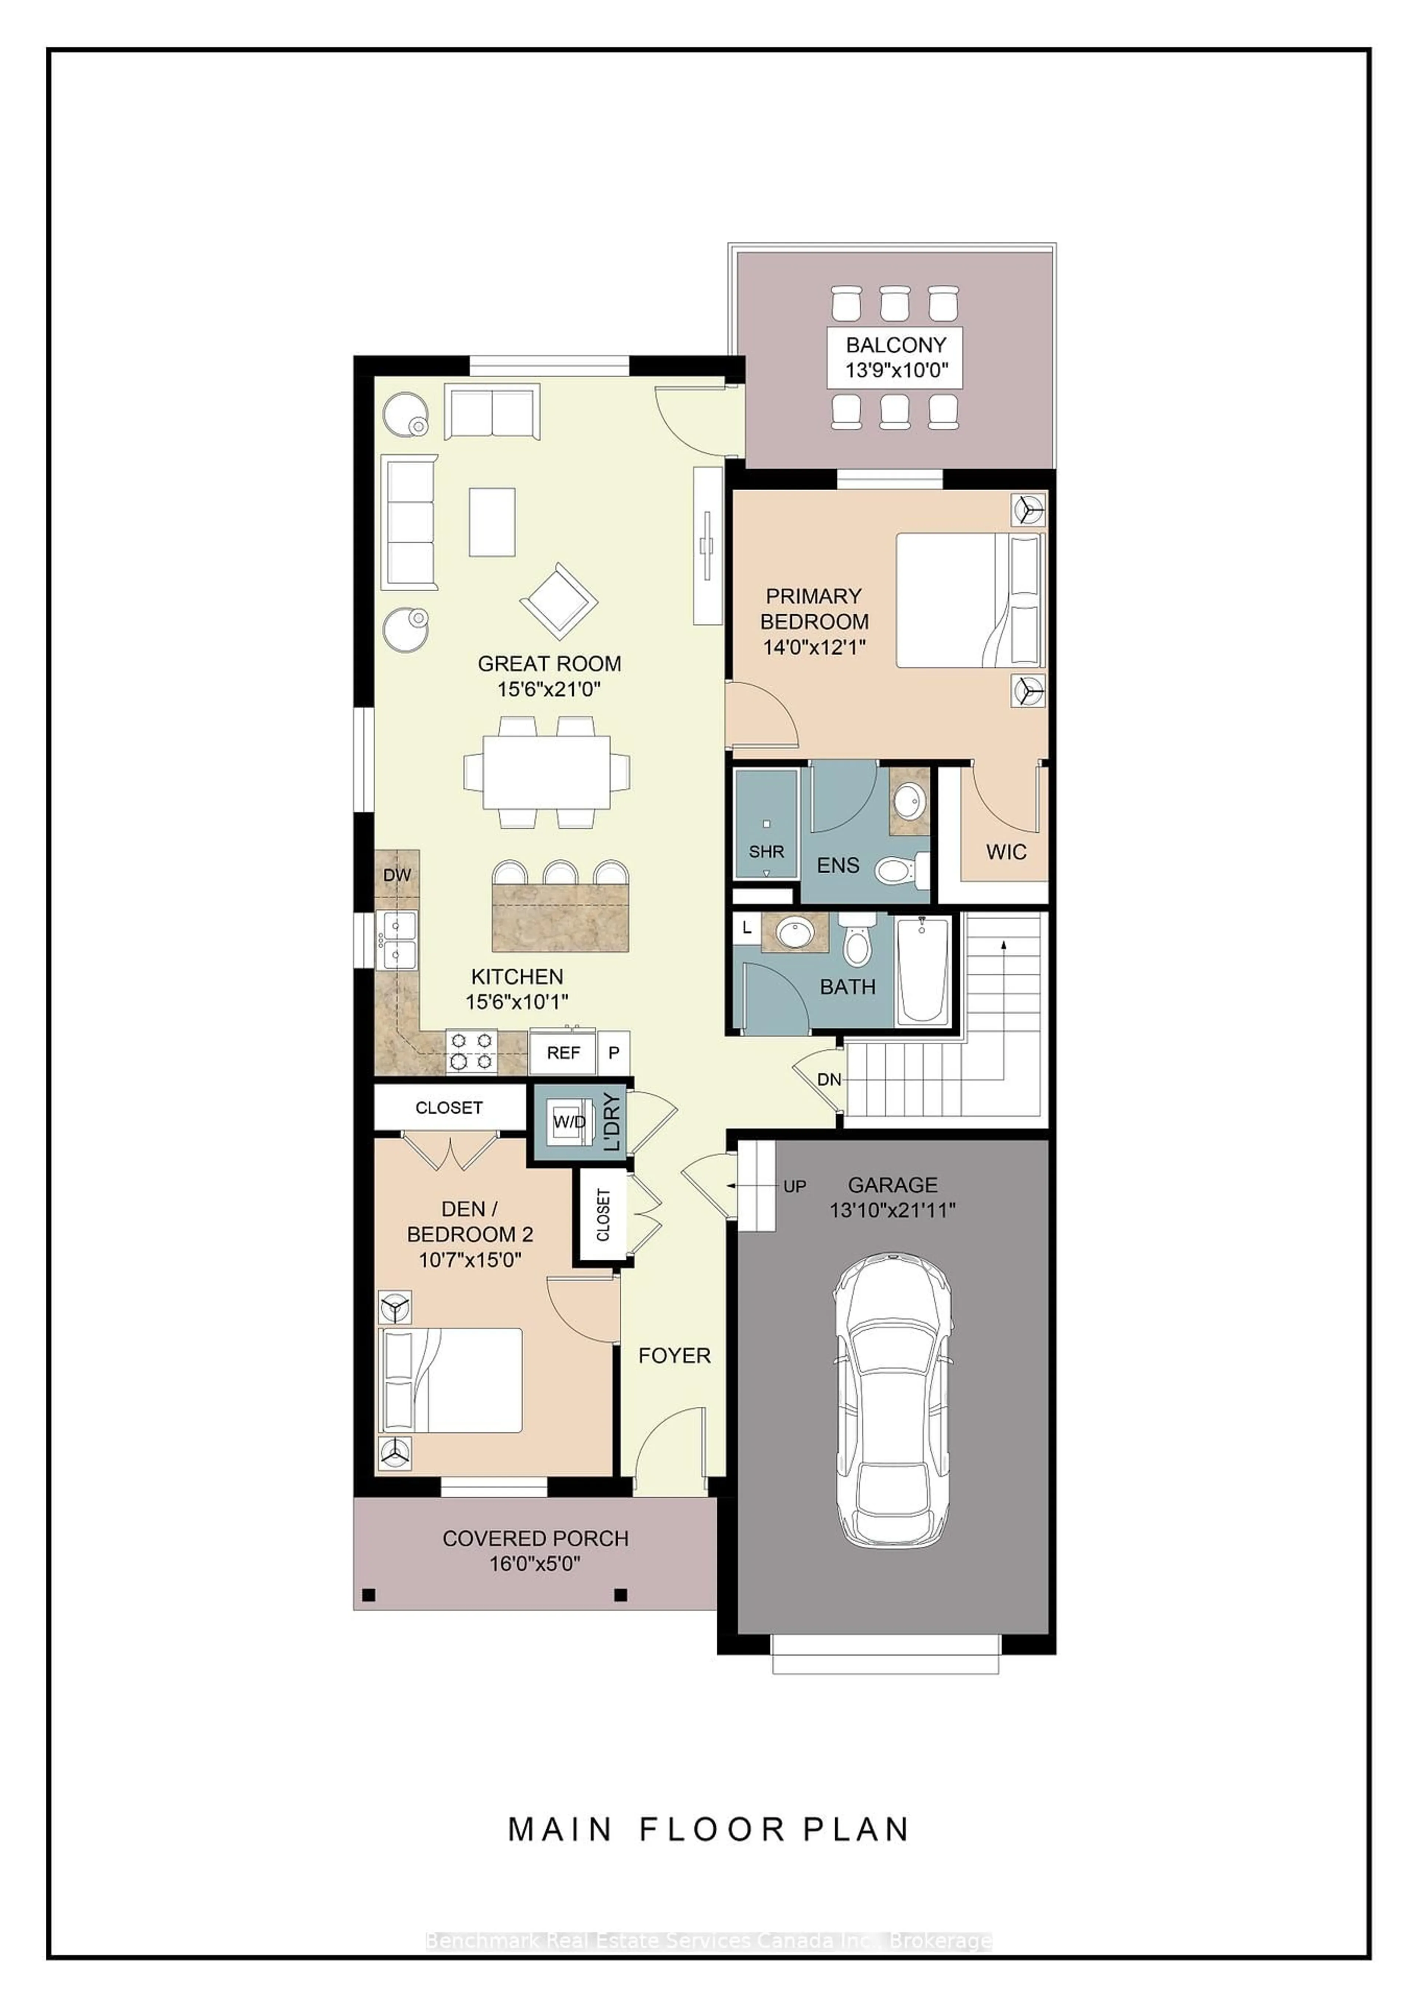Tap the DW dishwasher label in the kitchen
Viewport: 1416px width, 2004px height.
coord(397,875)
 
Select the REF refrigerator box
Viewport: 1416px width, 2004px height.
coord(563,1053)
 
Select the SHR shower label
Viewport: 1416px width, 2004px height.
coord(766,851)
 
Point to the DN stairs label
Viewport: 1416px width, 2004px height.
coord(829,1080)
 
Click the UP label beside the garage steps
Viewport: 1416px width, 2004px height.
coord(794,1186)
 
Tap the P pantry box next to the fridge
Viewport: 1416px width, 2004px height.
coord(613,1053)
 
